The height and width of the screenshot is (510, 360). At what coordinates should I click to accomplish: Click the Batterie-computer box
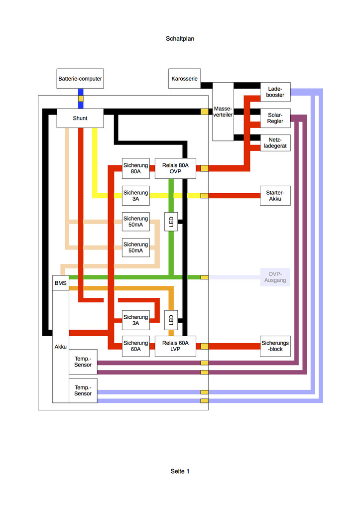(x=80, y=78)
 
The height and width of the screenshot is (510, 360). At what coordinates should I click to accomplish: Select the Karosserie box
(x=184, y=78)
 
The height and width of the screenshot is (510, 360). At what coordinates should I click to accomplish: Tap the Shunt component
(x=80, y=118)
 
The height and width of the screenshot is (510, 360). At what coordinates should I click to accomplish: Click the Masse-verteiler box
(x=223, y=112)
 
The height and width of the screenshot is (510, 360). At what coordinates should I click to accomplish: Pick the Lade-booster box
(x=275, y=92)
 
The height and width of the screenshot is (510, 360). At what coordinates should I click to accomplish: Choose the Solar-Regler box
(x=275, y=118)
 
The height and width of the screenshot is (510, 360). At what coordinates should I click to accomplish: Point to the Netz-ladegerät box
(x=275, y=143)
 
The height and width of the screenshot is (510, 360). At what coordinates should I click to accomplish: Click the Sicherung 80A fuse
(x=135, y=168)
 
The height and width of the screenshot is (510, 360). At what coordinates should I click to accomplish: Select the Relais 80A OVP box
(x=175, y=168)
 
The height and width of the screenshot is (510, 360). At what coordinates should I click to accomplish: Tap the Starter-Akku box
(x=275, y=195)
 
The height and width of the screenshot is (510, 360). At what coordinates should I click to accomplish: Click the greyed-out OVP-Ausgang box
(x=275, y=277)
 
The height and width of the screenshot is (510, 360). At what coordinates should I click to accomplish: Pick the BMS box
(x=60, y=283)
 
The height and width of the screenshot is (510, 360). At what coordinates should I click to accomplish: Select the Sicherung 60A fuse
(x=135, y=346)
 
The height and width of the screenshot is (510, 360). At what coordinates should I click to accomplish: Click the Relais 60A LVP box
(x=175, y=346)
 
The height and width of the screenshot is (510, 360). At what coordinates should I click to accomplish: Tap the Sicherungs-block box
(x=275, y=346)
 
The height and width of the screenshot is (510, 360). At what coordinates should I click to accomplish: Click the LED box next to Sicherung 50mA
(x=171, y=222)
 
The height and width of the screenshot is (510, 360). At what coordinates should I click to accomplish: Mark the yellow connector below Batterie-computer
(x=81, y=99)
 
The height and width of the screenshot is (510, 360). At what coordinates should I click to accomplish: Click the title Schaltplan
(x=180, y=39)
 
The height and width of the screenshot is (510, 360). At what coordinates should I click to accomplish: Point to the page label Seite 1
(x=180, y=471)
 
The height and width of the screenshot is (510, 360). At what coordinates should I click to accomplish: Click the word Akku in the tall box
(x=60, y=347)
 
